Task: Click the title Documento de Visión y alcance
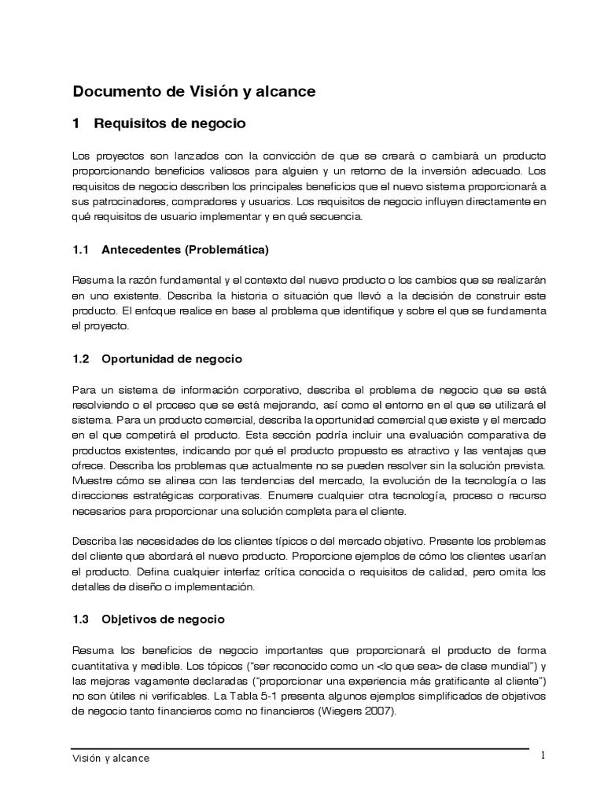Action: click(193, 91)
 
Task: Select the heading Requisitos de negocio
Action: click(170, 123)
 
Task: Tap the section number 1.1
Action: click(82, 250)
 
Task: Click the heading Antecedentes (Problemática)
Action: click(185, 250)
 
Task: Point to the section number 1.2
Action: click(82, 358)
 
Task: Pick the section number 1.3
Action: click(82, 619)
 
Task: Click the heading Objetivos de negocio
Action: click(163, 619)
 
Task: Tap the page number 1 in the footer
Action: click(543, 755)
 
